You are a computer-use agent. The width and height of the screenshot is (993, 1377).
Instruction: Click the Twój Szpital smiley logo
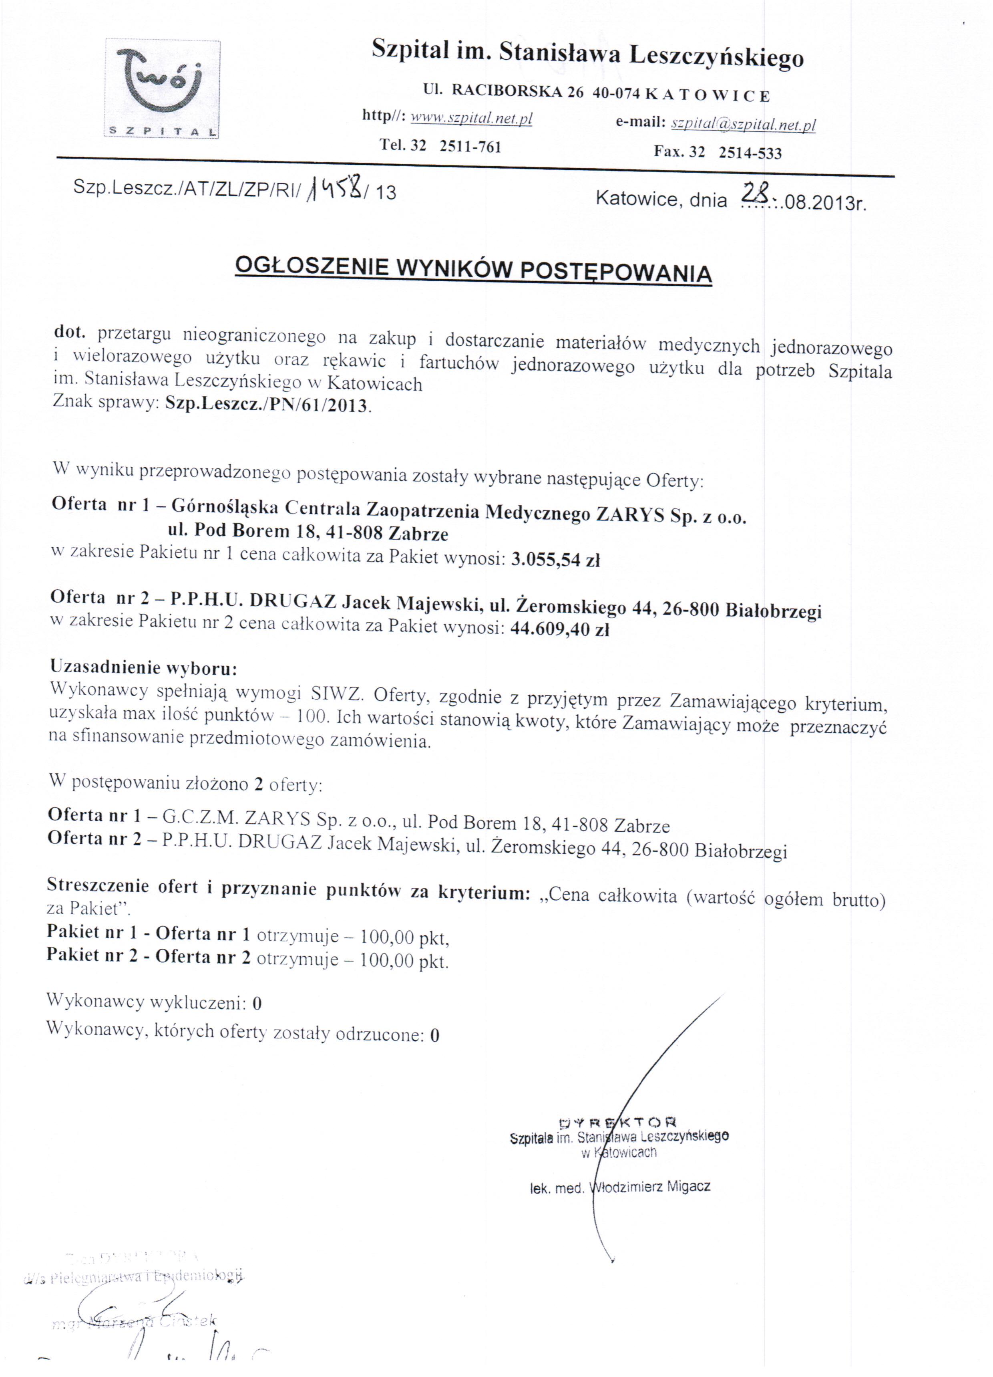click(162, 89)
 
